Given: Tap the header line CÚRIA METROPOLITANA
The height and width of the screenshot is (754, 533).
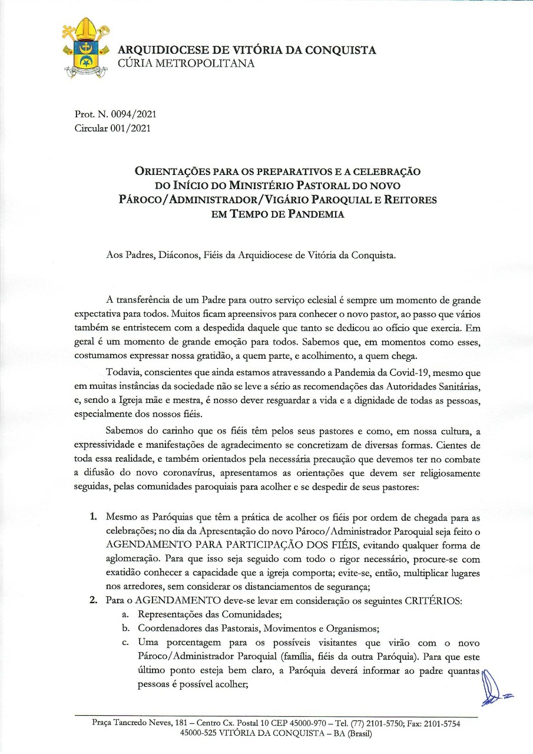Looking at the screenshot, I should [x=187, y=64].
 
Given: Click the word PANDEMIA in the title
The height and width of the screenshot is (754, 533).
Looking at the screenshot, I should [x=314, y=214].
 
